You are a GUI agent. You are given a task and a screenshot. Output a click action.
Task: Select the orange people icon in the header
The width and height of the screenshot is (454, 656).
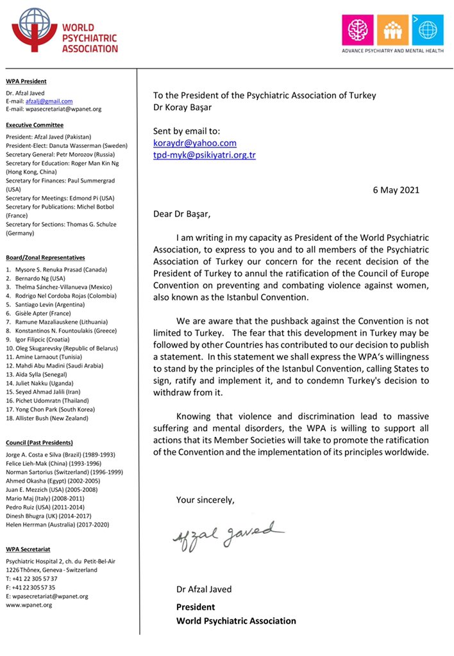pyautogui.click(x=388, y=29)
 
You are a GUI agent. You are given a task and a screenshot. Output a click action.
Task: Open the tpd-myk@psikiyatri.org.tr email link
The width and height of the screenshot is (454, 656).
pyautogui.click(x=205, y=155)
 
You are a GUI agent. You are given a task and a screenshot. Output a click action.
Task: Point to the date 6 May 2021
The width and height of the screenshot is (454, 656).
pyautogui.click(x=396, y=190)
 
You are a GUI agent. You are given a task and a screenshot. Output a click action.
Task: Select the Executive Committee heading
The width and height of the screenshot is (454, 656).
pyautogui.click(x=34, y=125)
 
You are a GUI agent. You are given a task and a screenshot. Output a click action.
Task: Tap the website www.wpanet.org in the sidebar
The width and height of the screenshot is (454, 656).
pyautogui.click(x=29, y=605)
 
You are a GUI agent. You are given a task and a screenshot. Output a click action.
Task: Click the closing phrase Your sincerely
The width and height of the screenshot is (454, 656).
pyautogui.click(x=205, y=500)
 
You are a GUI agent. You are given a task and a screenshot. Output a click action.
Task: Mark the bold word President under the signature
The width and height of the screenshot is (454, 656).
pyautogui.click(x=196, y=607)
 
